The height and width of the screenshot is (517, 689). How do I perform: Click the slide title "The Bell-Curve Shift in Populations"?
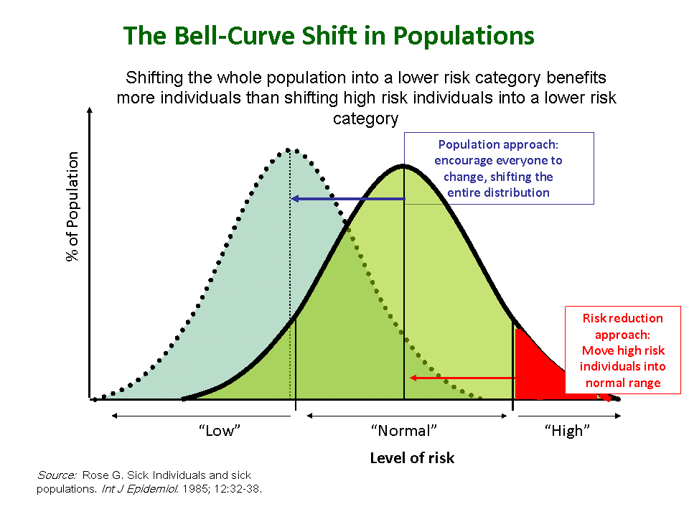[x=329, y=36]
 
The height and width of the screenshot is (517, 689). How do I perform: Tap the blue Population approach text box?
[x=499, y=168]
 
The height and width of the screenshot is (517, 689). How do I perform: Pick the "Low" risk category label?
[x=219, y=431]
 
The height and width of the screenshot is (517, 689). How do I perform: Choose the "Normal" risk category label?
[x=404, y=431]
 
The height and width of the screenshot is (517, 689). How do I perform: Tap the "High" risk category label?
[x=567, y=431]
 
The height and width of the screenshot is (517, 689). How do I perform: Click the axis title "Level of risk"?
[x=412, y=458]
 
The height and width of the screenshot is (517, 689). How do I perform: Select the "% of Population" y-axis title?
[x=73, y=207]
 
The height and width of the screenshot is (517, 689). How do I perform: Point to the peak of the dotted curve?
[x=289, y=149]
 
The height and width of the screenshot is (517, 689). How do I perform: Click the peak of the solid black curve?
[x=404, y=165]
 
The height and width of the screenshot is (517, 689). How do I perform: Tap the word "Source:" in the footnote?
[x=57, y=475]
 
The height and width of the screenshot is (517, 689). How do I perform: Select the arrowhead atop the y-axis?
[x=89, y=111]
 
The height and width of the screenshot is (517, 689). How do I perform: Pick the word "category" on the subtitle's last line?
[x=365, y=118]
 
